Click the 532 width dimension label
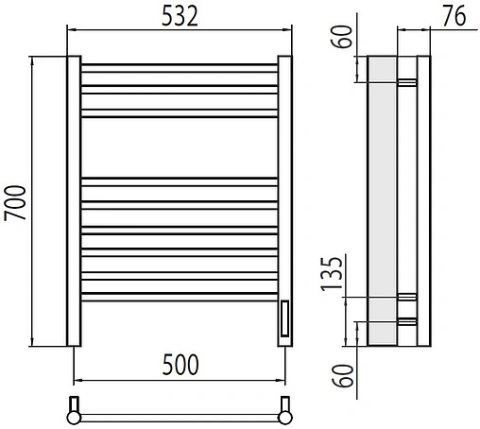pyautogui.click(x=180, y=16)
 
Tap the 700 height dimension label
pyautogui.click(x=15, y=203)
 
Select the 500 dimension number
pyautogui.click(x=180, y=365)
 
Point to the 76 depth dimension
pyautogui.click(x=454, y=16)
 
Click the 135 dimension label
pyautogui.click(x=332, y=274)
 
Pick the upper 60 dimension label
pyautogui.click(x=341, y=36)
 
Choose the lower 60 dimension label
pyautogui.click(x=343, y=375)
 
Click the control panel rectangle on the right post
pyautogui.click(x=284, y=318)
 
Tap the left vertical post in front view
pyautogui.click(x=74, y=201)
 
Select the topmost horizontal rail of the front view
pyautogui.click(x=180, y=68)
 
